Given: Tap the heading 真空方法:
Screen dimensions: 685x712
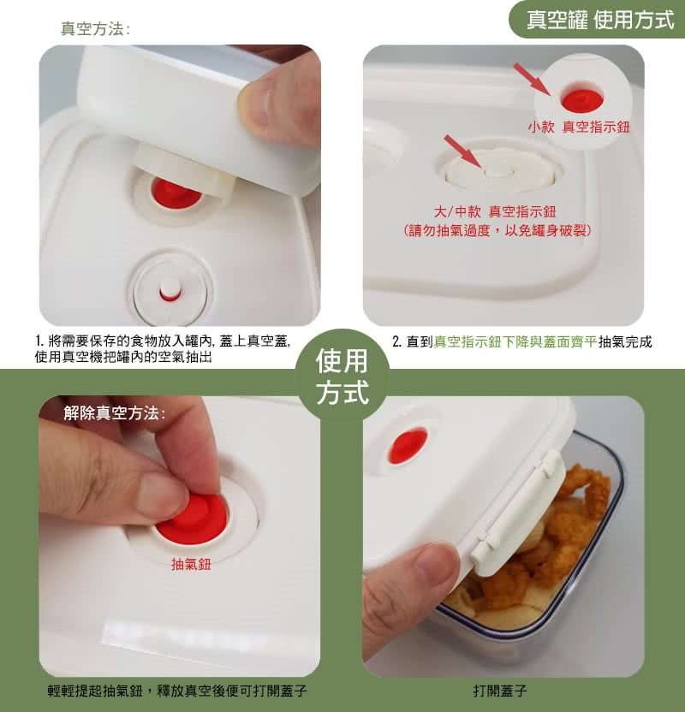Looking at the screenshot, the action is (95, 29).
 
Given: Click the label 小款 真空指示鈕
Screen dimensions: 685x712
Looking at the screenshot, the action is (579, 127).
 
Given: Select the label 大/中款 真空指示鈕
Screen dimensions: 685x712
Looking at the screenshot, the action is (495, 211).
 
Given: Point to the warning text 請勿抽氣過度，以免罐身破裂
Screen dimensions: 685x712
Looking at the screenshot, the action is (497, 231).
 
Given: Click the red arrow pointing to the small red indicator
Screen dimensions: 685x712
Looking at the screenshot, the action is (532, 80).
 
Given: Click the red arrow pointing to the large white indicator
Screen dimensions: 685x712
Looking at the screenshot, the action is (462, 151).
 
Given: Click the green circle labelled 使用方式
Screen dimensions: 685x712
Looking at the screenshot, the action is (342, 376).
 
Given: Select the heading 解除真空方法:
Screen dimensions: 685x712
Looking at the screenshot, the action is (115, 413).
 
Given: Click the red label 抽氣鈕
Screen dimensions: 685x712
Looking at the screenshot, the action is (191, 565).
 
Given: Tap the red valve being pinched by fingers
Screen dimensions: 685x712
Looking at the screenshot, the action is (193, 519).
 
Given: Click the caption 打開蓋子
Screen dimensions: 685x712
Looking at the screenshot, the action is (500, 691).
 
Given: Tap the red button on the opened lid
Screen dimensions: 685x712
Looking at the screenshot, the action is (408, 447).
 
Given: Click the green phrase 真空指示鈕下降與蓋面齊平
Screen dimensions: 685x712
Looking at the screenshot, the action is (515, 341).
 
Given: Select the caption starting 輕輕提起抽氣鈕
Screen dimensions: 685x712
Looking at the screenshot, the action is (177, 691).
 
